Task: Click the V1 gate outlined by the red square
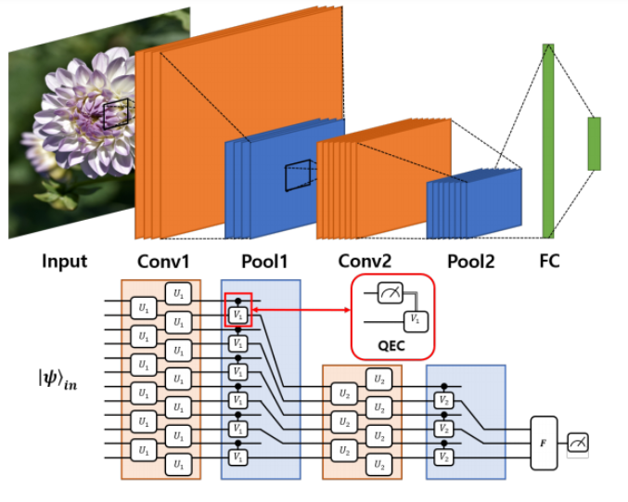coord(237,313)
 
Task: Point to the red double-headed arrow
coord(301,309)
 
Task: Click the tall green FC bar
coord(548,140)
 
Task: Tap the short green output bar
coord(594,144)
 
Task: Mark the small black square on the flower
coord(116,115)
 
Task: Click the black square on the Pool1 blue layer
coord(298,175)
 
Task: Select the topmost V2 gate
coord(444,400)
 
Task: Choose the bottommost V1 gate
coord(238,458)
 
